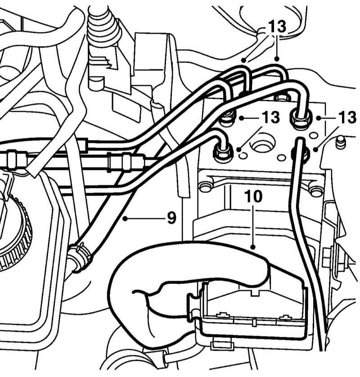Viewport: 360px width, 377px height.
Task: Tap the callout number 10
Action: pyautogui.click(x=253, y=196)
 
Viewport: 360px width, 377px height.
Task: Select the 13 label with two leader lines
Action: pyautogui.click(x=277, y=26)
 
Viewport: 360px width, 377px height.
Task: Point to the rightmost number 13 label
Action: pyautogui.click(x=347, y=117)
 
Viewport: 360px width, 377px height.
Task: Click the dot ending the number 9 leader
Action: pyautogui.click(x=125, y=218)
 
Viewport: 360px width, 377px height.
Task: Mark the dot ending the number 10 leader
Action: pyautogui.click(x=253, y=247)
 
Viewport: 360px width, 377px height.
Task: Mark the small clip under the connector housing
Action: pyautogui.click(x=222, y=345)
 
